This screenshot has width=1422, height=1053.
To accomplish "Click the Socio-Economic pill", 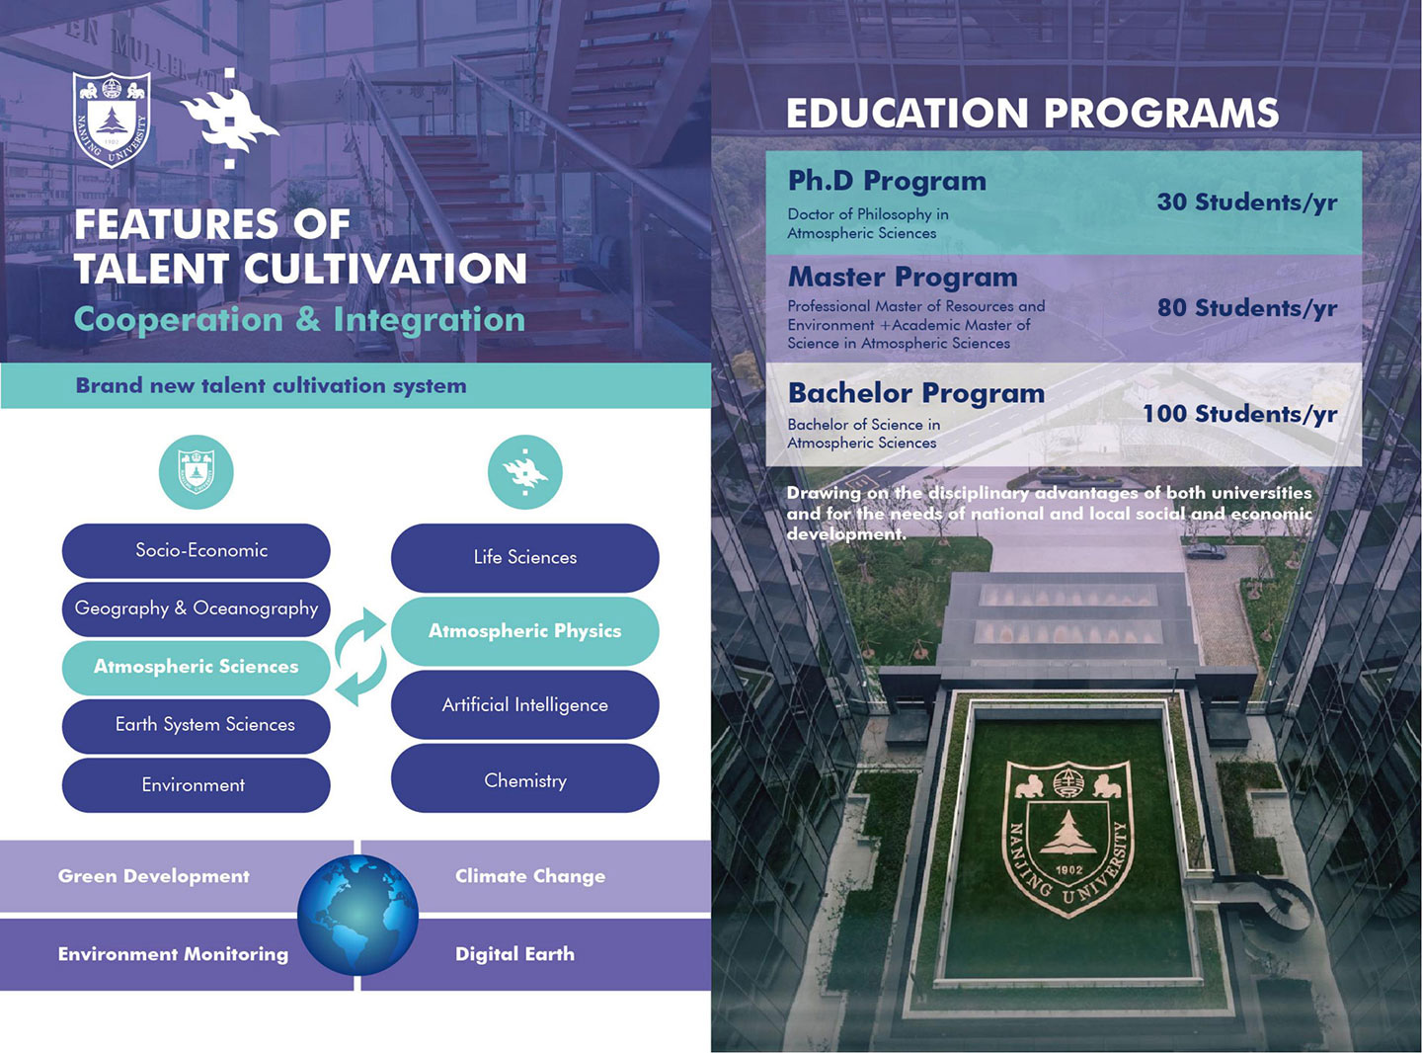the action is click(197, 550).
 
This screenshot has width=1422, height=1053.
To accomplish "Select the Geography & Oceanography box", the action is click(197, 608).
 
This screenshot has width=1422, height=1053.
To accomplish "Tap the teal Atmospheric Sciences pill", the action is click(197, 667).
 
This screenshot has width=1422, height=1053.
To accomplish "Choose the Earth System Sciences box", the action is click(197, 725).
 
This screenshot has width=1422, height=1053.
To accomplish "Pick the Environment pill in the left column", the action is click(197, 785).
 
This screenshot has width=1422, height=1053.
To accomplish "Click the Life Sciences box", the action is click(525, 557).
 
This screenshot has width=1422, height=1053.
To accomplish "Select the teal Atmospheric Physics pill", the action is click(525, 631).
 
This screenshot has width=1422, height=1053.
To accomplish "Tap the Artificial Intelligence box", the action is click(525, 704).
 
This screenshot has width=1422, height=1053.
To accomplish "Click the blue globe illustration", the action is click(357, 916).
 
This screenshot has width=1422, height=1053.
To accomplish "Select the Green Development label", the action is click(154, 876).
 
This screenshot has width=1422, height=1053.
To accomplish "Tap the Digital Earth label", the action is click(514, 954).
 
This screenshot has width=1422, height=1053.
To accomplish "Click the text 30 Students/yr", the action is click(1247, 202).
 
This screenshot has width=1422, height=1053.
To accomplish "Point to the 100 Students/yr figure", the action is click(1240, 414).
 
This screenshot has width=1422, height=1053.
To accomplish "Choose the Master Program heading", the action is click(903, 278).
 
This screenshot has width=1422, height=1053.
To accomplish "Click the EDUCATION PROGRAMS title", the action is click(1032, 113).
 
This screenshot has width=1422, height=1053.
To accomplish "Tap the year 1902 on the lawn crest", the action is click(1068, 870).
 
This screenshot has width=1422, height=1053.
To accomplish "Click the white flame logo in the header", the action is click(229, 119).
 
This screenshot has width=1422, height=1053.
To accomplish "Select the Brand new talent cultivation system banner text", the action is click(272, 385).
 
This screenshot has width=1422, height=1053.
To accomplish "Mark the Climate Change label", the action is click(530, 876).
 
